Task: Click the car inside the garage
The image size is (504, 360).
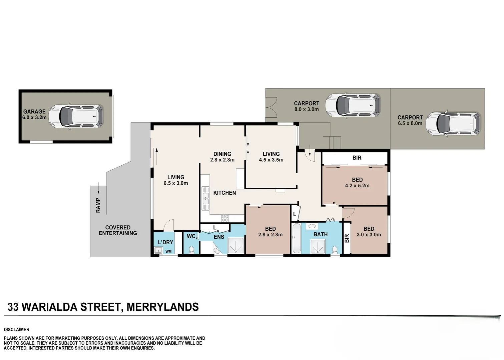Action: click(76, 117)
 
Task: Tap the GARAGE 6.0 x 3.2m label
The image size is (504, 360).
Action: click(34, 115)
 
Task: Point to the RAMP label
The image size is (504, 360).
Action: click(98, 205)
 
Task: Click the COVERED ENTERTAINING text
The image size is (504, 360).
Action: click(118, 230)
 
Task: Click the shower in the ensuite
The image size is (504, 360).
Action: click(235, 246)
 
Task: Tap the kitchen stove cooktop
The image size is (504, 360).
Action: click(225, 218)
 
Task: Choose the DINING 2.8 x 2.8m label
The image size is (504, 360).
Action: click(222, 157)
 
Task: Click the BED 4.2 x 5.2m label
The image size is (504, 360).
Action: click(357, 183)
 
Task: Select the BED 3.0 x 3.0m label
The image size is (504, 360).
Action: click(369, 232)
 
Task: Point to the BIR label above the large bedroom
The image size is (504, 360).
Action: click(357, 158)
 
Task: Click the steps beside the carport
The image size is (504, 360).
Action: click(336, 143)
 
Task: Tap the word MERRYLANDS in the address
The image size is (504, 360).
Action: click(162, 307)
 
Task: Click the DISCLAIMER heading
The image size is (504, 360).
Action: click(17, 330)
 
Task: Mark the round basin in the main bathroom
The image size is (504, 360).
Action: click(312, 227)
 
